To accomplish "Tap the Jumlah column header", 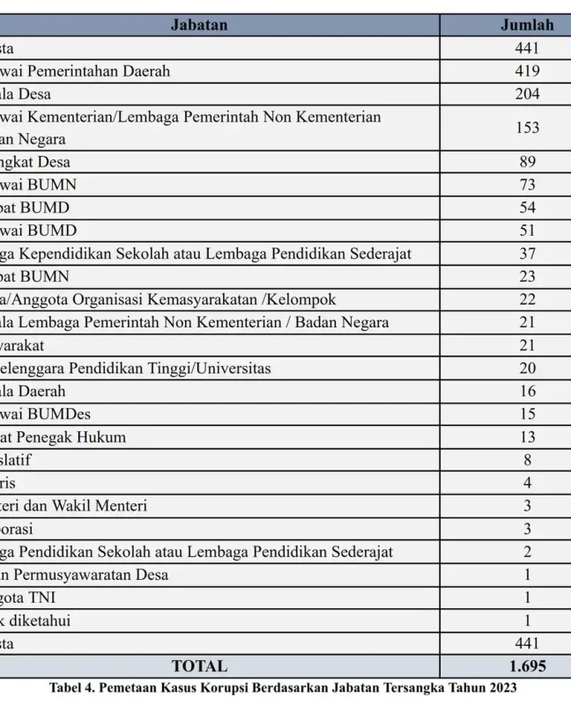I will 527,25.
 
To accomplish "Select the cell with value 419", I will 527,70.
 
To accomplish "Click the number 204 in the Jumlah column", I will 527,93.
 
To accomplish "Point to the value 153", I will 527,128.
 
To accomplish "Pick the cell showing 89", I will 527,162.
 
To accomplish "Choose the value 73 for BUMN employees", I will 527,185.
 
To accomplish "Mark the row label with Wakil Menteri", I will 74,505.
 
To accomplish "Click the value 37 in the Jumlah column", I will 527,253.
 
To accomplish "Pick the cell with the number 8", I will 527,459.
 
